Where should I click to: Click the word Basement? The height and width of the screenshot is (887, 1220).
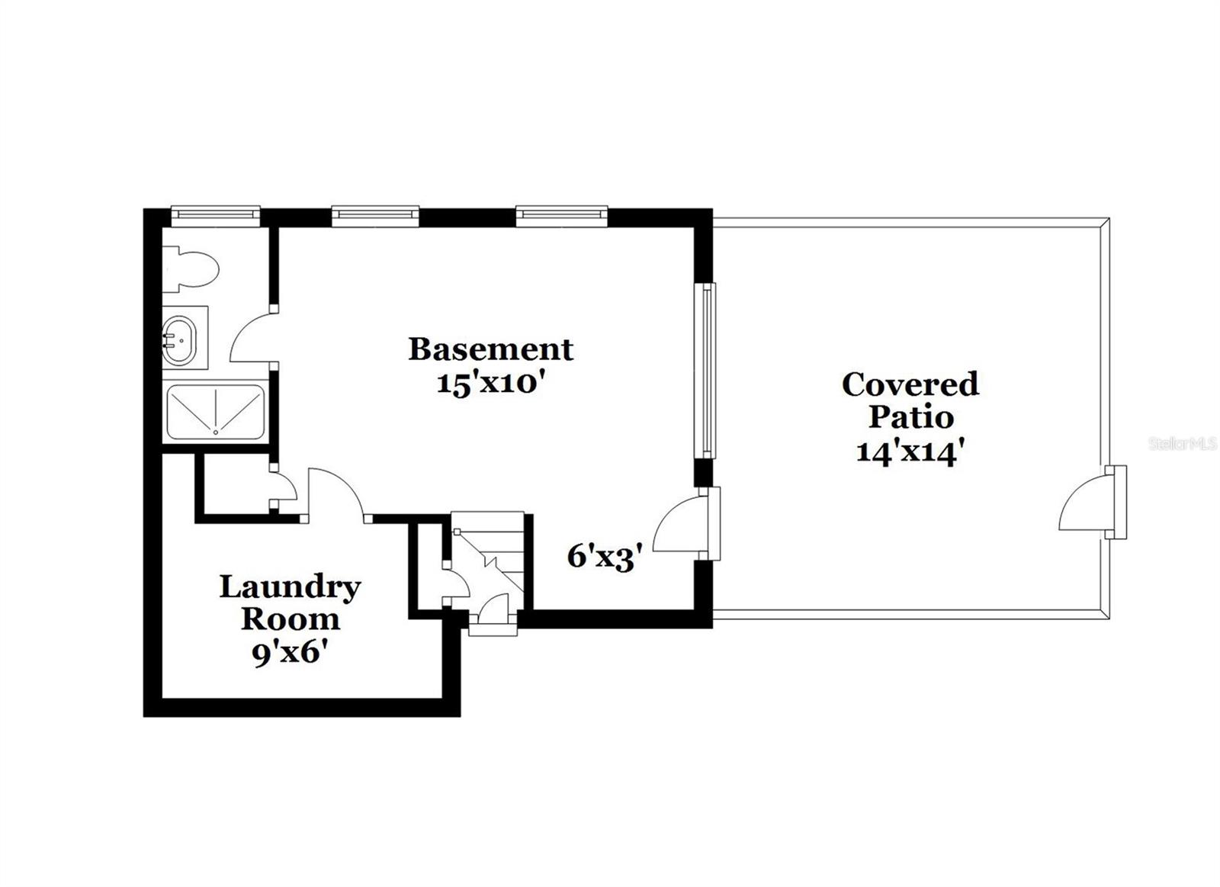(490, 349)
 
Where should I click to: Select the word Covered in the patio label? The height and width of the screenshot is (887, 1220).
(910, 384)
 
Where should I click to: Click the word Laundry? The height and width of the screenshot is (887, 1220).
(290, 587)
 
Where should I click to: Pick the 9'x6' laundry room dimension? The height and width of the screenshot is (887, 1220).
(290, 654)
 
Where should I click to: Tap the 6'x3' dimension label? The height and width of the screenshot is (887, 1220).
(600, 557)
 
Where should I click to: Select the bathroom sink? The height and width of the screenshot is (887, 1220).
(180, 337)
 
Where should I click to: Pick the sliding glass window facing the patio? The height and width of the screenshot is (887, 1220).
(707, 371)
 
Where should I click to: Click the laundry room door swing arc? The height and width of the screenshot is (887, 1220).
(335, 493)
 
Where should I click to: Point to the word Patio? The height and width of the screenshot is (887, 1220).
(911, 417)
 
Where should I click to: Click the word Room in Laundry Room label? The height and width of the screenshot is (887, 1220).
(290, 619)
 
